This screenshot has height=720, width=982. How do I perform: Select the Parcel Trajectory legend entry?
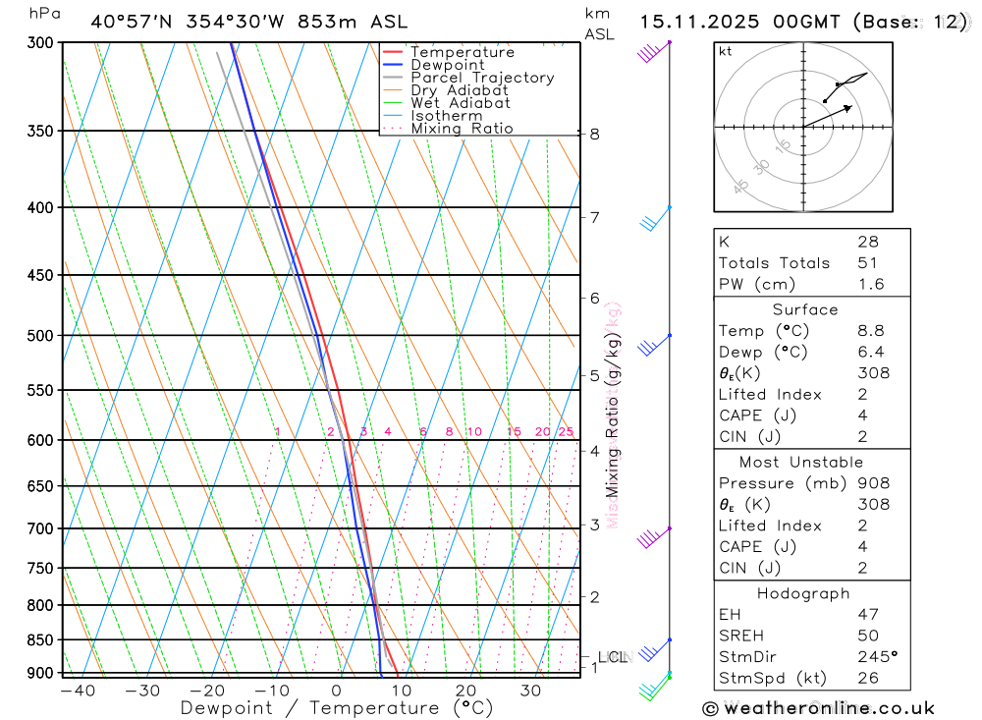click(482, 78)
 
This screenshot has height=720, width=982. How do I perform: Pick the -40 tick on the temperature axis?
click(77, 691)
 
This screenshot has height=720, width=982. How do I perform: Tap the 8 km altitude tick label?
click(595, 135)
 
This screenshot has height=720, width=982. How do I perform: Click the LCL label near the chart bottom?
click(611, 656)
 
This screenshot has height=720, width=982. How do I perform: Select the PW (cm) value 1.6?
click(870, 285)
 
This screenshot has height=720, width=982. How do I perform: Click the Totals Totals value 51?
click(866, 263)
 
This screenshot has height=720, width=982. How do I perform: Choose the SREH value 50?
click(866, 636)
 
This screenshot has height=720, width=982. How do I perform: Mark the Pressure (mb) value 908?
click(873, 483)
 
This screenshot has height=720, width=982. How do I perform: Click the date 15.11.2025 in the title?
click(691, 22)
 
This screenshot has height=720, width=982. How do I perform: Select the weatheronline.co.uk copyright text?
click(818, 708)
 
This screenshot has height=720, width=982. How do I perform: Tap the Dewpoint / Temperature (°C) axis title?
click(337, 708)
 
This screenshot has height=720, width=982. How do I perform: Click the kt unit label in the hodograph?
click(726, 51)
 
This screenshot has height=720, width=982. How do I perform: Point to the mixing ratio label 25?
click(566, 432)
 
